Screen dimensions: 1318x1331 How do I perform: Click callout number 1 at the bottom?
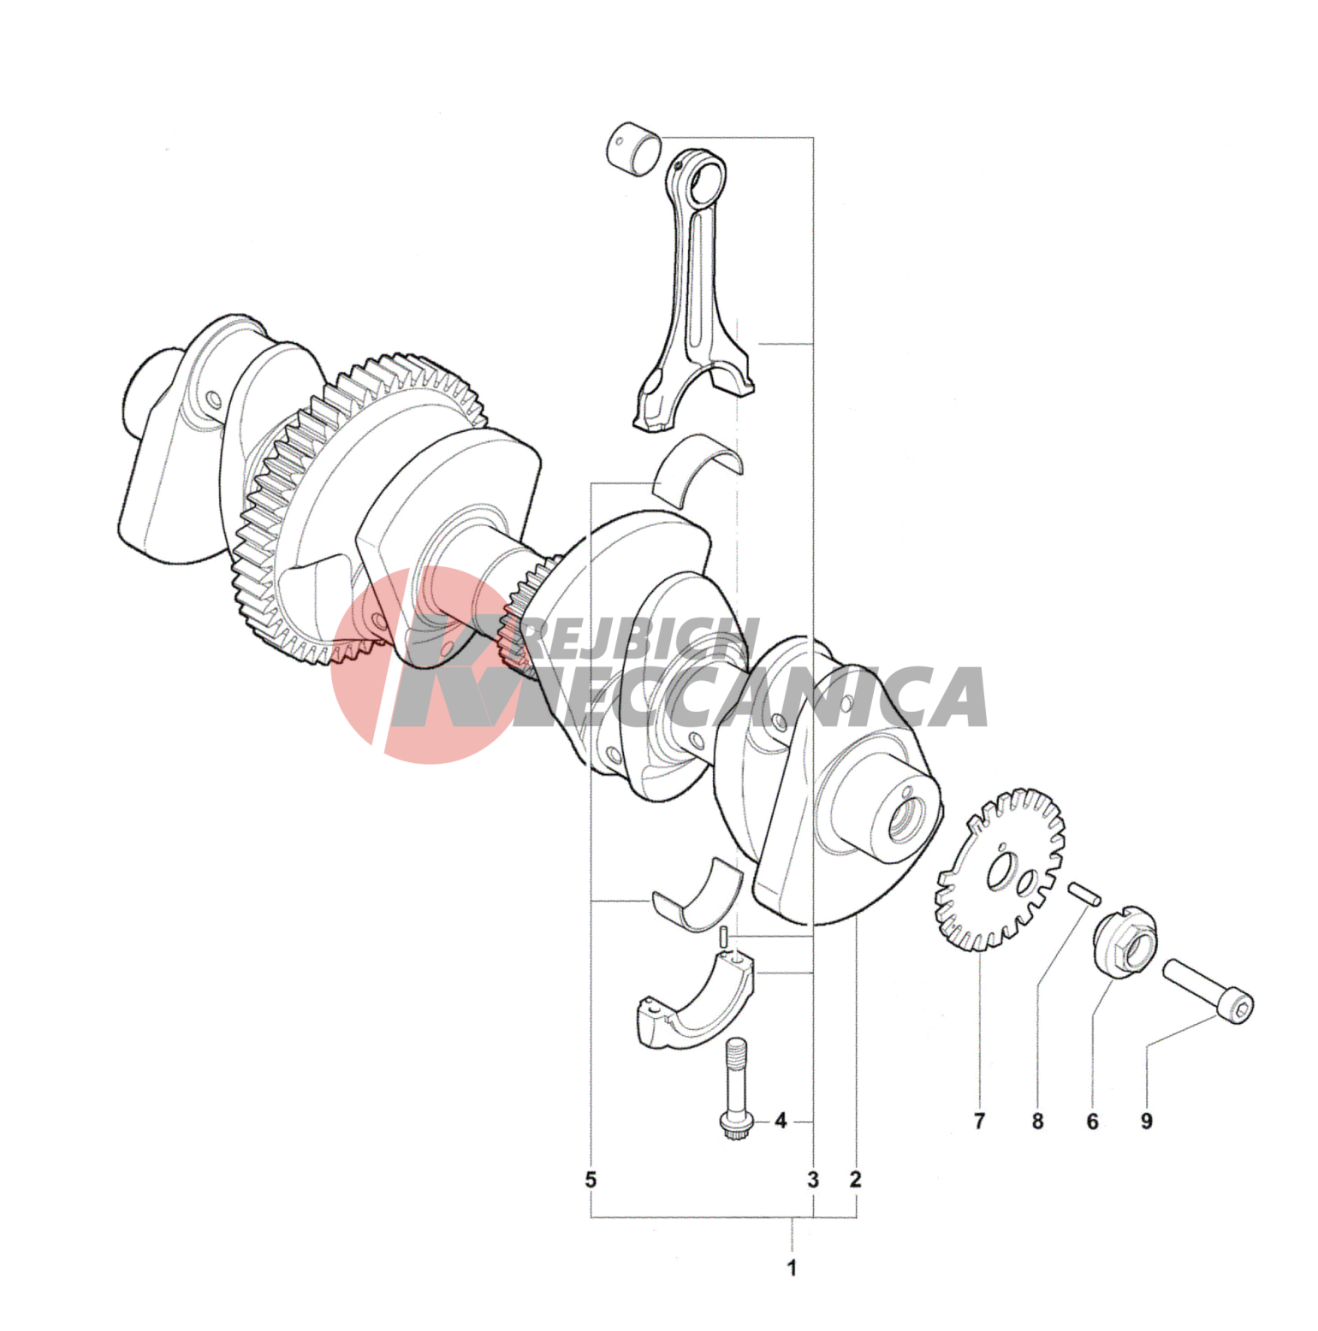tap(792, 1267)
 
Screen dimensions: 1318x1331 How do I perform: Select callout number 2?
tap(855, 1180)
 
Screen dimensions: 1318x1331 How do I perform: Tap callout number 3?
tap(813, 1180)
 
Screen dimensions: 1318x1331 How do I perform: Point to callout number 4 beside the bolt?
tap(781, 1120)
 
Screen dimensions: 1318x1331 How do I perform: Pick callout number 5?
tap(591, 1180)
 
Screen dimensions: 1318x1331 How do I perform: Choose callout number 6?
tap(1092, 1121)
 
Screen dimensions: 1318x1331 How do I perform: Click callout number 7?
tap(980, 1121)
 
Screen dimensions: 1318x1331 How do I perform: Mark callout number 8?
tap(1037, 1121)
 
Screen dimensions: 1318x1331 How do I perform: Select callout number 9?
tap(1147, 1121)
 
